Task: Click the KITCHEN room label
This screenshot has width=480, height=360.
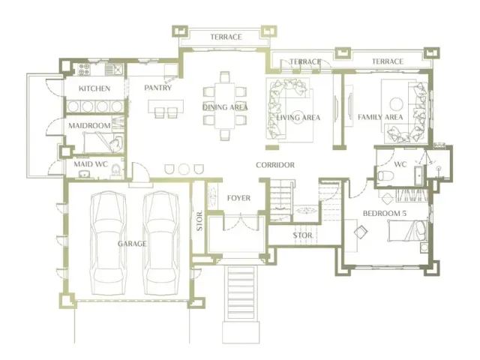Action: click(94, 88)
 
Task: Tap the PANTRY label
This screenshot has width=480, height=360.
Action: click(158, 88)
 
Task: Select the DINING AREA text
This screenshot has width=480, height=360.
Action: click(225, 107)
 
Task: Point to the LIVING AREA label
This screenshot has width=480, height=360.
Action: click(298, 118)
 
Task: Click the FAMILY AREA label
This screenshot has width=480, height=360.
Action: click(380, 117)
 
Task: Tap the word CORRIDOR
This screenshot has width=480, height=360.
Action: click(275, 165)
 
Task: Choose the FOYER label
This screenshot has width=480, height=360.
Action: click(238, 198)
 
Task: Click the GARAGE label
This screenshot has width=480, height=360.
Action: click(132, 244)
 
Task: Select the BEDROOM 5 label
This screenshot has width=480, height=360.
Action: click(385, 213)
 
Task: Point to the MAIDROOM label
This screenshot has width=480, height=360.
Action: click(89, 125)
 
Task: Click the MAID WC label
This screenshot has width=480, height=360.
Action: click(91, 164)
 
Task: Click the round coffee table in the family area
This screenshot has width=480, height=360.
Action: click(396, 103)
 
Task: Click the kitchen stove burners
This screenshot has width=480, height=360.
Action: click(84, 70)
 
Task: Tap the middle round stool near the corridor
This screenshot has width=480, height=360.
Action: click(184, 169)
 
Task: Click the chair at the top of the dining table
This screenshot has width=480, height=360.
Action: click(225, 76)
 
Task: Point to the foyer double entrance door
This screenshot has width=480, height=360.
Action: click(241, 223)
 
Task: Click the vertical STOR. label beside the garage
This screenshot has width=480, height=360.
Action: click(199, 220)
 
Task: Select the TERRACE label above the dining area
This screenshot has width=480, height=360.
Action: click(226, 37)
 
